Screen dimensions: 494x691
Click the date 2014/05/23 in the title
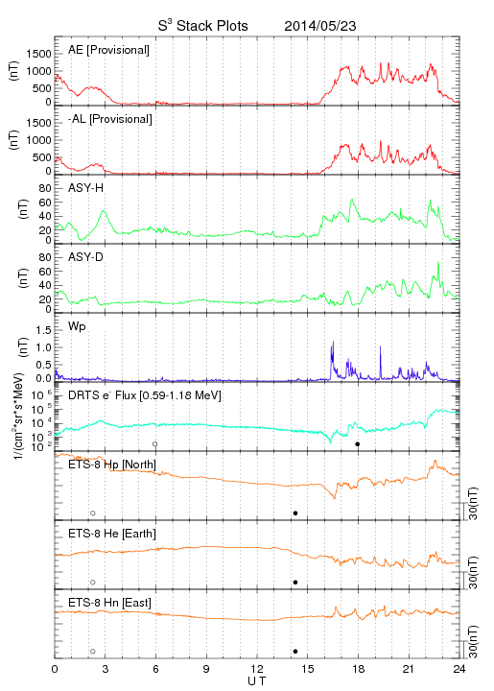320,26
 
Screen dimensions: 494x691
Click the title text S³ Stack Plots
203,26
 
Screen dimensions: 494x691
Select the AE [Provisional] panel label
108,50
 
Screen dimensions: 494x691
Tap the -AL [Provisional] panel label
110,119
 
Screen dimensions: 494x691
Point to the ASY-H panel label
86,188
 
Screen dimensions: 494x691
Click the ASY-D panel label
86,257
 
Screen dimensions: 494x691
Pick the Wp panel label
77,326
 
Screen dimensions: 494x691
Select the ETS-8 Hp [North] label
112,465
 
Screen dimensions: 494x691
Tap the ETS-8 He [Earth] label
112,534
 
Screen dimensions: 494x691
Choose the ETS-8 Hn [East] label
109,603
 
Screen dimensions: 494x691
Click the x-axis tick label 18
359,669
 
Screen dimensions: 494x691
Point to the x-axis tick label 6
155,669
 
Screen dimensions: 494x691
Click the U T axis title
257,681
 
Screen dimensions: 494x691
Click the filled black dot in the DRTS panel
358,444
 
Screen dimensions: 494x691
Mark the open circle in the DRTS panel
155,444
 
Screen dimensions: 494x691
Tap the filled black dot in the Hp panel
295,512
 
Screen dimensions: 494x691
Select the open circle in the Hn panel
93,652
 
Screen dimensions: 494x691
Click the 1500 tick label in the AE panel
38,54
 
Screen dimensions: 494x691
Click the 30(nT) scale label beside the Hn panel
473,642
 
